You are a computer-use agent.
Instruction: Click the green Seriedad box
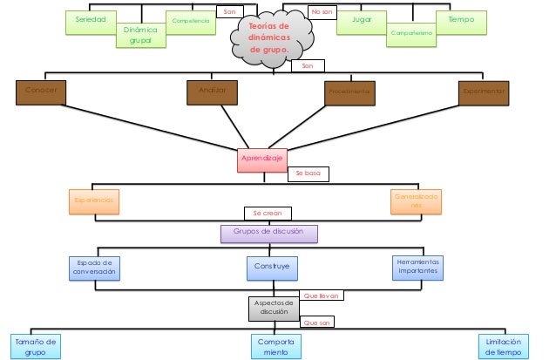pyautogui.click(x=92, y=21)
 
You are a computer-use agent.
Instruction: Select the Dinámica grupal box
pyautogui.click(x=140, y=35)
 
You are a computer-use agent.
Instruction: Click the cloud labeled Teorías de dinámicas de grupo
pyautogui.click(x=271, y=39)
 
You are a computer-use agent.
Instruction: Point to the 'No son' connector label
pyautogui.click(x=322, y=11)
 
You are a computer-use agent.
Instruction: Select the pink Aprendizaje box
pyautogui.click(x=261, y=160)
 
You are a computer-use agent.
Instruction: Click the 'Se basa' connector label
pyautogui.click(x=309, y=173)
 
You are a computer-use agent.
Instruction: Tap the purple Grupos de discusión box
pyautogui.click(x=268, y=233)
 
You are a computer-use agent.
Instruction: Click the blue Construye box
pyautogui.click(x=272, y=268)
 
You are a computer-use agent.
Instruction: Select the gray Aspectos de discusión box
pyautogui.click(x=273, y=307)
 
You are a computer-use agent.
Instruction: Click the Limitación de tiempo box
pyautogui.click(x=503, y=346)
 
